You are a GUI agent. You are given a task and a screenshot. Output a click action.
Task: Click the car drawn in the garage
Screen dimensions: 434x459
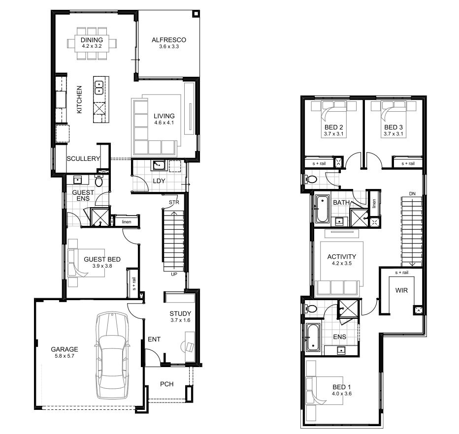tap(112, 355)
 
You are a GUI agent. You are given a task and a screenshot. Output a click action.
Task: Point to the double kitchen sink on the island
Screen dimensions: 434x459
tap(99, 87)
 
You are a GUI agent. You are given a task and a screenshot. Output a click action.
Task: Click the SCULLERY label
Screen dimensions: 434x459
tap(83, 159)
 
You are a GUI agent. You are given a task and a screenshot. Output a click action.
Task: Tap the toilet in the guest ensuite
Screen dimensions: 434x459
tap(98, 182)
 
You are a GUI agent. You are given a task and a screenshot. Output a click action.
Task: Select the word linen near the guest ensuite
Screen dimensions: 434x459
tap(127, 222)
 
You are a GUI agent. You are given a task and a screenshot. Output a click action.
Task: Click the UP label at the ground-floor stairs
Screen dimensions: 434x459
tap(174, 274)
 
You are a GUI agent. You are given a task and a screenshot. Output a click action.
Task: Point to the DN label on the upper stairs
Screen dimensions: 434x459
tap(412, 193)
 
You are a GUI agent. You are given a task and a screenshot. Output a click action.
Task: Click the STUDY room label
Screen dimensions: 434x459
tap(180, 313)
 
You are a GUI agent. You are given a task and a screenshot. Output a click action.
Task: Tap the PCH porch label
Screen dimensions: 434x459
tap(166, 384)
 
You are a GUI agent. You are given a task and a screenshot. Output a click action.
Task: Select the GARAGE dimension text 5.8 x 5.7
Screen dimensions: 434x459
tap(65, 356)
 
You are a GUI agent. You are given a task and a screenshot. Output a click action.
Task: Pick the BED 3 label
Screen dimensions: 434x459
tap(393, 127)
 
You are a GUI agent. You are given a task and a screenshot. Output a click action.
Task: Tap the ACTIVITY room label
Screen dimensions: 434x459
tap(341, 257)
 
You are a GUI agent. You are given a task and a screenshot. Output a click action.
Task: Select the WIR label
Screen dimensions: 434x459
tap(401, 290)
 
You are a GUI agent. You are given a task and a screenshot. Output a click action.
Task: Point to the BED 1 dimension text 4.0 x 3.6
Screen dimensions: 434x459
tap(342, 394)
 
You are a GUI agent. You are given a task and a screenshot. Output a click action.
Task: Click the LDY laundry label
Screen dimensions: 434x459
tap(159, 181)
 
